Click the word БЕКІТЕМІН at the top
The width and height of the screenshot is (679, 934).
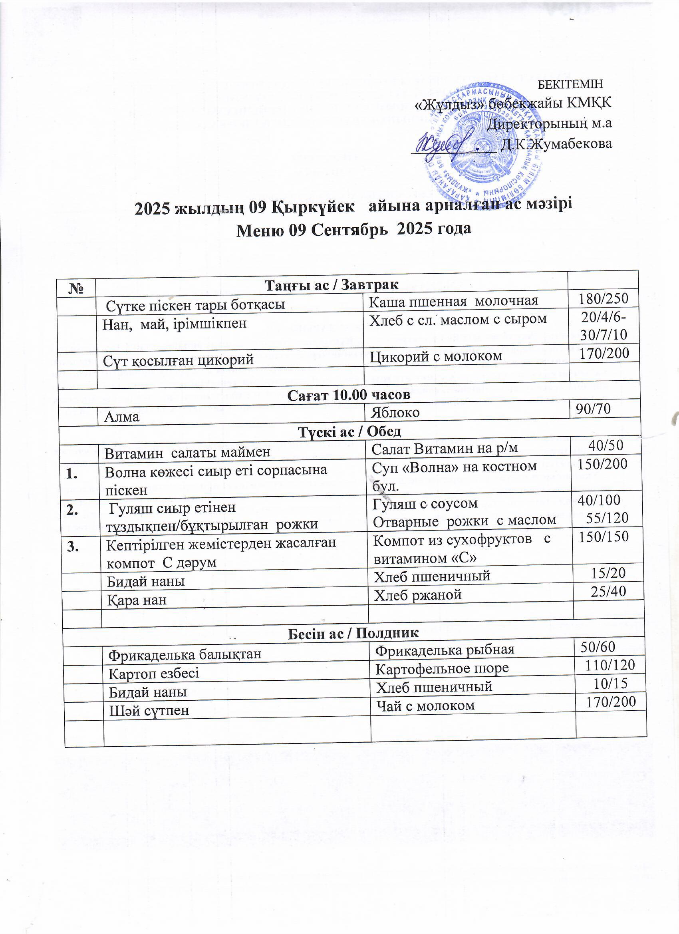(x=570, y=83)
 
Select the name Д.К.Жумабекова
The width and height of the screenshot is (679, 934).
(x=556, y=144)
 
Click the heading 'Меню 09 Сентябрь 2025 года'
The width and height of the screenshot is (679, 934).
(x=353, y=229)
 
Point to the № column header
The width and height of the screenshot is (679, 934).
(x=77, y=287)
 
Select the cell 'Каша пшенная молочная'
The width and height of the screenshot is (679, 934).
(x=453, y=301)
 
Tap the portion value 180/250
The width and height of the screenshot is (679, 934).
(x=603, y=298)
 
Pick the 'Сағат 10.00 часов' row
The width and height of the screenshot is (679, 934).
(x=349, y=395)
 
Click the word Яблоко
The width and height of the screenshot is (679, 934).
(x=395, y=412)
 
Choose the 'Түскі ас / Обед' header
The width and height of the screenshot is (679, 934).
(x=349, y=431)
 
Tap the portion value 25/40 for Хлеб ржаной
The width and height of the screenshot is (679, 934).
(x=608, y=591)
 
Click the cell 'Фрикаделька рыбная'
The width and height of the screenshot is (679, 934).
(x=445, y=650)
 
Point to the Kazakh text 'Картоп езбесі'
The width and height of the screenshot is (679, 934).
(x=154, y=673)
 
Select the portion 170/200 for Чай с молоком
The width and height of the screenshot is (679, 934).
(x=611, y=702)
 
